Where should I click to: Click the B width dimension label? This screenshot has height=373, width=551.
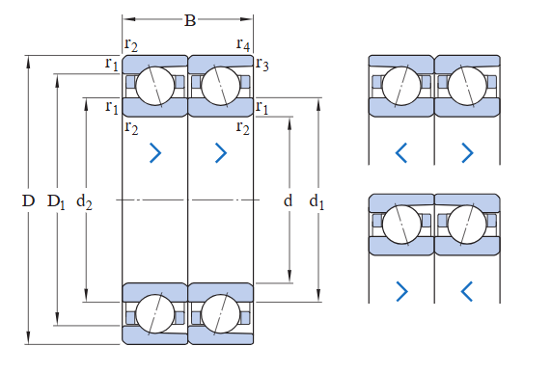[x=190, y=20]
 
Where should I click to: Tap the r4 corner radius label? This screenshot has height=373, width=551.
[x=243, y=44]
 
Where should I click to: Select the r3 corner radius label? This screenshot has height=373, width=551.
[x=262, y=65]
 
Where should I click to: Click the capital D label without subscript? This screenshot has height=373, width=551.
[x=28, y=201]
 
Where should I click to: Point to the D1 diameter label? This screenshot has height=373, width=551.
[x=56, y=201]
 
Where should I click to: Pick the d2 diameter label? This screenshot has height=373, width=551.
[x=84, y=201]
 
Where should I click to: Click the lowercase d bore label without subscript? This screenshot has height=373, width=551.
[x=288, y=200]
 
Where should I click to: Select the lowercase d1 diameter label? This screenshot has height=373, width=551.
[x=317, y=201]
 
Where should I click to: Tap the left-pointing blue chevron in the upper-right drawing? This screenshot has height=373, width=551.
[x=401, y=152]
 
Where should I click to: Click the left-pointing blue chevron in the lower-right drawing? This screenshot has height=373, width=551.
[x=467, y=291]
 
